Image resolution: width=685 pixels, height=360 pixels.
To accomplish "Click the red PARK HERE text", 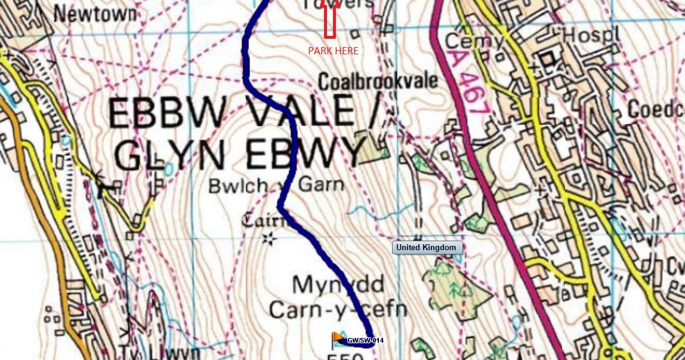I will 333,51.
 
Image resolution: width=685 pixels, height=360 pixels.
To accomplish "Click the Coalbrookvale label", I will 378,81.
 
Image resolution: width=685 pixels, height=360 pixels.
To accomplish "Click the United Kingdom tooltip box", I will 426,247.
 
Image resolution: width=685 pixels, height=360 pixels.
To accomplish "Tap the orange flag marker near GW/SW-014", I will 338,339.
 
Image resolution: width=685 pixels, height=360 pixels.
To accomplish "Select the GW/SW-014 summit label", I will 365,340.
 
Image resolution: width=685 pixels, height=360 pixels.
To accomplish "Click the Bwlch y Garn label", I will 276,186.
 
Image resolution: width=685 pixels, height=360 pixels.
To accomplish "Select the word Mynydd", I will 338,285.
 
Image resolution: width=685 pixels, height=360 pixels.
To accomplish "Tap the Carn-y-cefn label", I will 338,310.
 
